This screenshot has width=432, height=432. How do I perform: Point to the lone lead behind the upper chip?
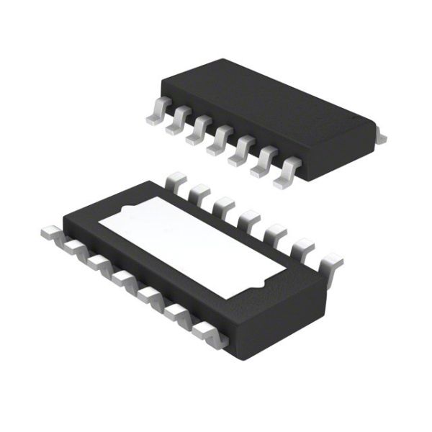click(x=379, y=135)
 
